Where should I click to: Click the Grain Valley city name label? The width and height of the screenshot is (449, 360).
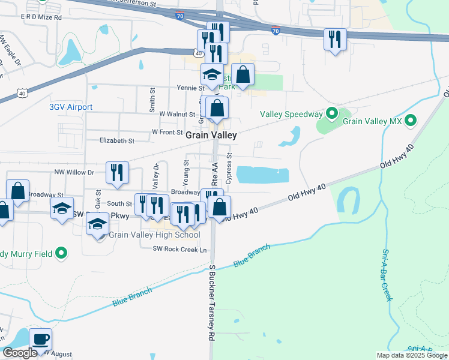[x=211, y=136]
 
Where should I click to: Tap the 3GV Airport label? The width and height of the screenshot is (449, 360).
[x=71, y=107]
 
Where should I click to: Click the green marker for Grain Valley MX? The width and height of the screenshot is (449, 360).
[x=411, y=121]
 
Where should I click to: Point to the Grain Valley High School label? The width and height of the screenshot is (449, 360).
[x=154, y=235]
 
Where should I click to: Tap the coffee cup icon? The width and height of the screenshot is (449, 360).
[x=40, y=340]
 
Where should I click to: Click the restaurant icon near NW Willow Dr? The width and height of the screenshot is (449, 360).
[x=116, y=173]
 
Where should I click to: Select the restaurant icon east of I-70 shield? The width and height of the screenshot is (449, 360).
[x=334, y=40]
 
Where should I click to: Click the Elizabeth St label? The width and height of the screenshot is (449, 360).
[x=117, y=140]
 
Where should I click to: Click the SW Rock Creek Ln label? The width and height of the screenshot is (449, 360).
[x=179, y=250]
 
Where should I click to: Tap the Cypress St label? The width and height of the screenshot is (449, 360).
[x=230, y=169]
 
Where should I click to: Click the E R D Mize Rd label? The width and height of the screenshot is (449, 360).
[x=41, y=18]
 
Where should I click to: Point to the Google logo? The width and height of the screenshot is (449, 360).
[x=19, y=352]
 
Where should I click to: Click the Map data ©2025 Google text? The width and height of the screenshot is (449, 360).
[x=412, y=355]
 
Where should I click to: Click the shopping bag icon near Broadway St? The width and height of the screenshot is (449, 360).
[x=18, y=191]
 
